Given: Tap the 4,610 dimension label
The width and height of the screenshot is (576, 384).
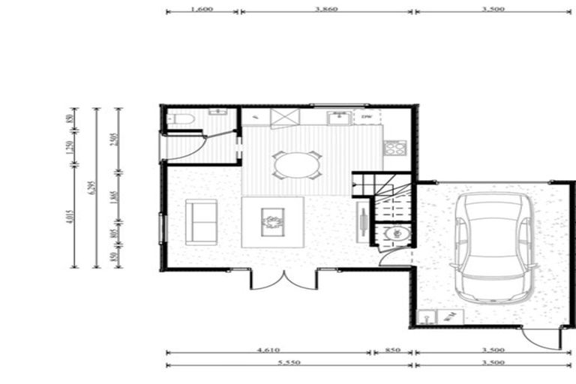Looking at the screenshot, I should pos(268,349).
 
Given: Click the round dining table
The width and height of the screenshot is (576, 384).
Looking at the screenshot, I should pos(295,164).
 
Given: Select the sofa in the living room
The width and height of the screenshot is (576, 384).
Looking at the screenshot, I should pos(201,220).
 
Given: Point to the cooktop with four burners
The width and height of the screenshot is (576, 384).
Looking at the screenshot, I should pos(395,147).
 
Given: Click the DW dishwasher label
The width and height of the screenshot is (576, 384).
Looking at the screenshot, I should pos(367,118).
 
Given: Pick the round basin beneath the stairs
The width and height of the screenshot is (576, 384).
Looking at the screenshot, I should pos(393,234).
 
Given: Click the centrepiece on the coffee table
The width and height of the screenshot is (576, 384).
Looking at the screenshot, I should pos(271,221).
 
